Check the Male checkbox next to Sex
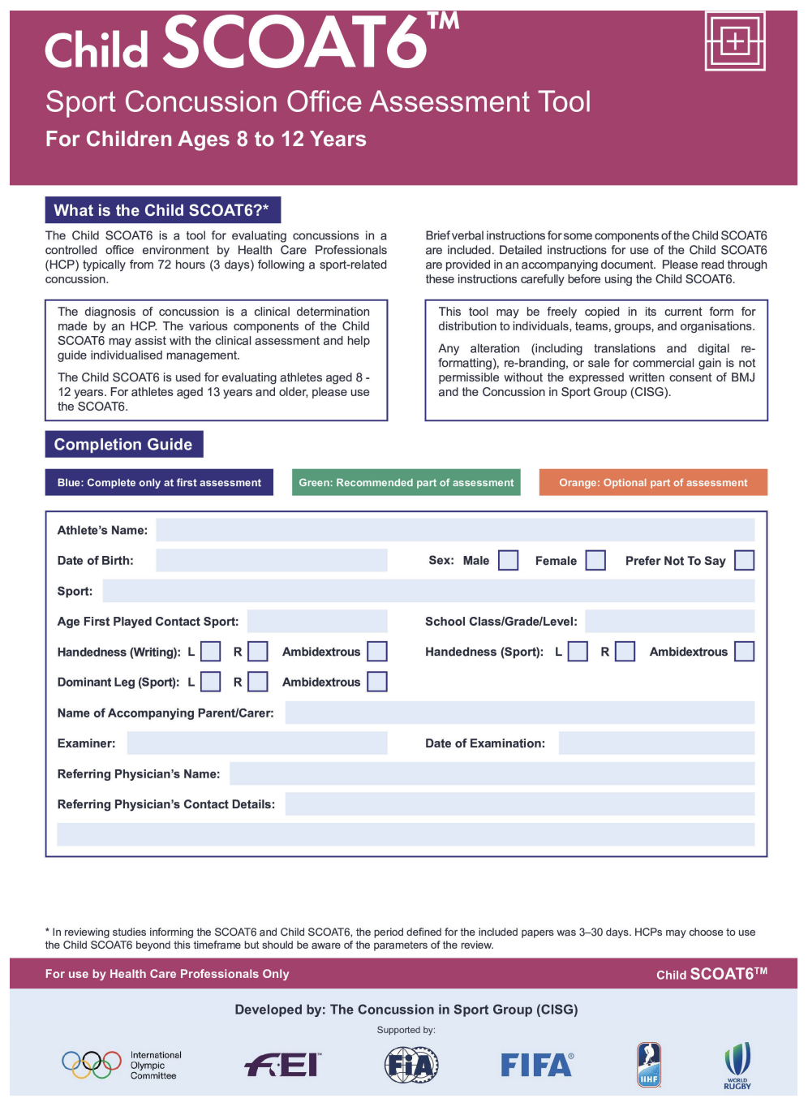coord(508,561)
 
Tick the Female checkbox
coord(595,561)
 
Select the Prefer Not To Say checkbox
coord(744,561)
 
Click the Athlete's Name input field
coord(454,530)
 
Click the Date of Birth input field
coord(271,561)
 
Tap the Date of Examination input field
coord(656,743)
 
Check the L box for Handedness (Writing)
coord(210,652)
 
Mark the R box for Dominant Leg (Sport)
coord(257,682)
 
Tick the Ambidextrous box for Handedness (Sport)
coord(744,652)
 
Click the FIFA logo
coord(536,1065)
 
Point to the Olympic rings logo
coord(92,1065)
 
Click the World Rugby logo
coord(737,1065)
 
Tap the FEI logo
coord(282,1065)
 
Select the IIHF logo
coord(648,1065)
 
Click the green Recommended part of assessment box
coord(406,483)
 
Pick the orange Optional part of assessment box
coord(653,483)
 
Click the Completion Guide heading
coord(123,445)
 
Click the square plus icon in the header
coord(734,41)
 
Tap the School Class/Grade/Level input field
coord(669,622)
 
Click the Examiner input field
coord(256,743)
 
